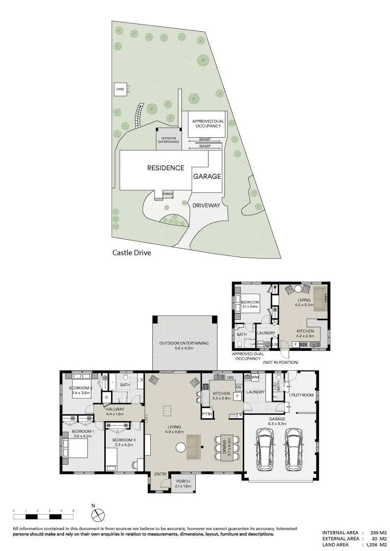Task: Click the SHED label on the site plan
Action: tap(120, 89)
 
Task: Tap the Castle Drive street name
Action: tap(132, 252)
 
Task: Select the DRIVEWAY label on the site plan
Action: tap(207, 206)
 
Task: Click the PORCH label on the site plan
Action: tap(167, 194)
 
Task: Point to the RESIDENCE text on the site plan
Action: tap(165, 168)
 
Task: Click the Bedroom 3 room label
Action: tap(122, 442)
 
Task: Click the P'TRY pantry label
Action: tap(207, 414)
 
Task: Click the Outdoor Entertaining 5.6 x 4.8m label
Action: tap(184, 346)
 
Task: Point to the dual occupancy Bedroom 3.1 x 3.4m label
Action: tap(250, 305)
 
